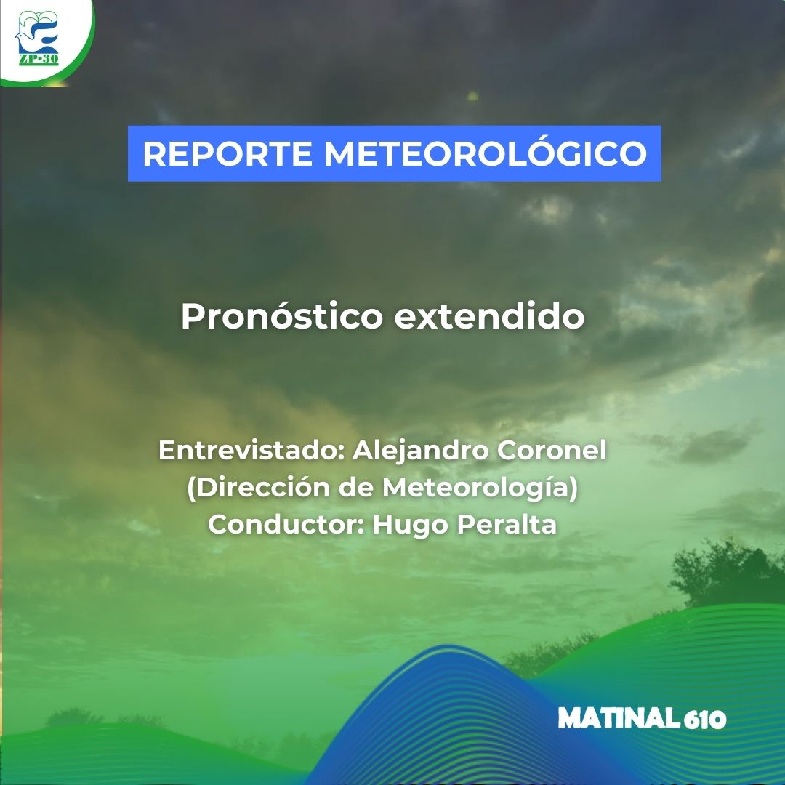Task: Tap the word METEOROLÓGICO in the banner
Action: (x=486, y=154)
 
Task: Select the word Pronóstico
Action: (x=281, y=317)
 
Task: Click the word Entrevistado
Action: (x=251, y=451)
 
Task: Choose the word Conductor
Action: (x=286, y=524)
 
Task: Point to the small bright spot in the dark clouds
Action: (x=472, y=96)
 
